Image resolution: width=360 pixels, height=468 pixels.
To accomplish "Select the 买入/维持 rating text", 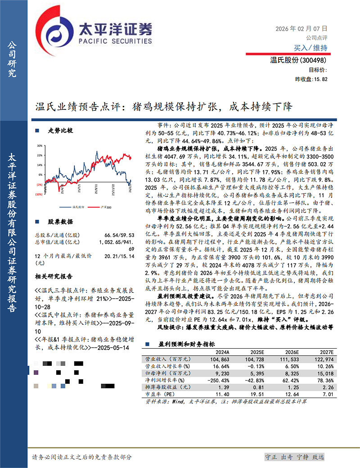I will [x=310, y=48].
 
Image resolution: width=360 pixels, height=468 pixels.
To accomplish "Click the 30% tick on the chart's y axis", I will [x=40, y=146].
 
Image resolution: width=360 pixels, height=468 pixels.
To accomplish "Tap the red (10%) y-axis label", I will [x=40, y=194].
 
